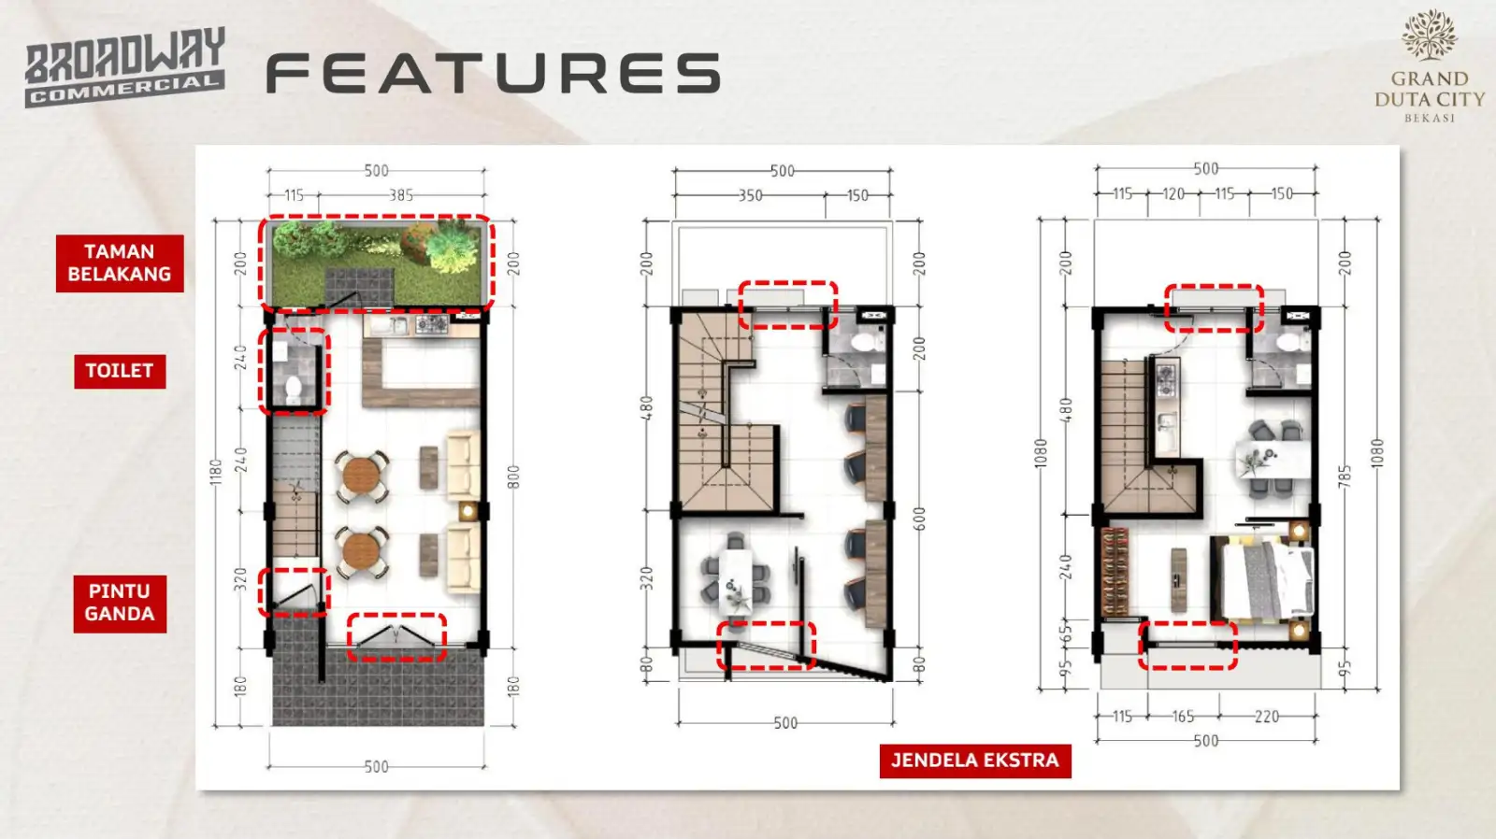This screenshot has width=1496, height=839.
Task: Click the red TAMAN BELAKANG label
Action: [120, 263]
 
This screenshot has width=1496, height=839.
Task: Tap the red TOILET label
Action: [120, 371]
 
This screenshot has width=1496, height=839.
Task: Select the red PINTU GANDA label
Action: [120, 604]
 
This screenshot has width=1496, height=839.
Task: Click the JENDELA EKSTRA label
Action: [975, 761]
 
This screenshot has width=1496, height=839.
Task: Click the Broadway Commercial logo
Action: [125, 66]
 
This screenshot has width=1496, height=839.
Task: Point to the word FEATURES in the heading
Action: [494, 73]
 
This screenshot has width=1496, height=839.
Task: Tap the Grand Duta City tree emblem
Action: [1429, 35]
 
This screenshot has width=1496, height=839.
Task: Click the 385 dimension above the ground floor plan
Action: [401, 195]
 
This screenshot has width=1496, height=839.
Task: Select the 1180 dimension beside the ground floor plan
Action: [215, 472]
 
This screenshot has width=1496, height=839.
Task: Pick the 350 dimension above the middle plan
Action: [750, 196]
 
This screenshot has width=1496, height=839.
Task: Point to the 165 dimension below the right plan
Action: [1183, 717]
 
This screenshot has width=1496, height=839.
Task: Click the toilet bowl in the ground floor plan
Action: [294, 389]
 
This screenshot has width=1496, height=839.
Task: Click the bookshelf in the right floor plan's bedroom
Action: [1114, 572]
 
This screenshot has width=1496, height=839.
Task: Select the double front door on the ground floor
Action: [396, 636]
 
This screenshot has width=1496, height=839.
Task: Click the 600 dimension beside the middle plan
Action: [919, 519]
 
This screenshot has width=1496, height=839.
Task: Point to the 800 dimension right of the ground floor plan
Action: [513, 476]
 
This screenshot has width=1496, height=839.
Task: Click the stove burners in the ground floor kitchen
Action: [431, 324]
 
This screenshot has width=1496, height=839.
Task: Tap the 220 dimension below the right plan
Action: [1267, 717]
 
